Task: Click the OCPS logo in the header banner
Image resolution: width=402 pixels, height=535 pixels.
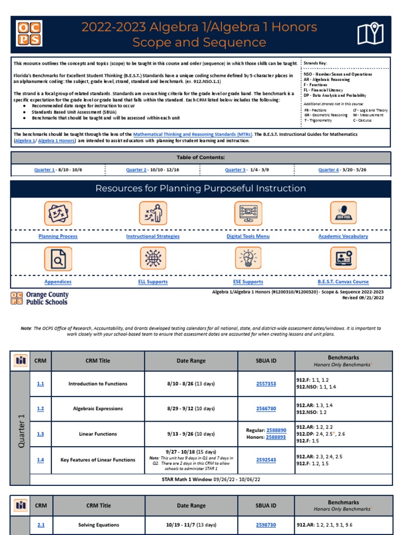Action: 29,34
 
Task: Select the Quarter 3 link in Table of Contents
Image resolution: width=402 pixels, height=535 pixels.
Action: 236,170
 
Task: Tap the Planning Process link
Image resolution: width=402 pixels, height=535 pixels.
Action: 58,236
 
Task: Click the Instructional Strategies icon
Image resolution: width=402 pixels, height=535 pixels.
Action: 153,213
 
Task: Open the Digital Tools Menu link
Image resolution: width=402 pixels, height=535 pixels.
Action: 248,236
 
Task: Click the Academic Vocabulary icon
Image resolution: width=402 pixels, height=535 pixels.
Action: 343,213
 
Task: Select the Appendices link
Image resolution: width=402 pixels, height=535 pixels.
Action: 58,282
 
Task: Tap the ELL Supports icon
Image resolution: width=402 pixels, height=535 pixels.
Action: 153,258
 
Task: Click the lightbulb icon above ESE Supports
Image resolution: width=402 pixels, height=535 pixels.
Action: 248,258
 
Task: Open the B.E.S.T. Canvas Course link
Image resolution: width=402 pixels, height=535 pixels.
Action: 343,282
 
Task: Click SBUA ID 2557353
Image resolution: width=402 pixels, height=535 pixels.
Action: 266,383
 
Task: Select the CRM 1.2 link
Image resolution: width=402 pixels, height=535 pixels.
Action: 40,409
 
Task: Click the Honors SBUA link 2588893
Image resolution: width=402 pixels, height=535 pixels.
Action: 276,437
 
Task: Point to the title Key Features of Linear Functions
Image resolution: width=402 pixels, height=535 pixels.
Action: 98,460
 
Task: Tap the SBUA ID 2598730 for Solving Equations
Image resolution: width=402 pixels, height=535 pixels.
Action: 266,525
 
